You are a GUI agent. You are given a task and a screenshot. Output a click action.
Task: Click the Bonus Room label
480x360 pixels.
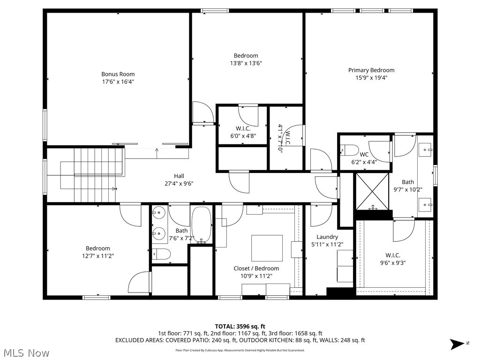point(118,74)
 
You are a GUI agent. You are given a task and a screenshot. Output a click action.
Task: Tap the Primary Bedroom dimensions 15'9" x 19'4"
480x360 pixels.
point(371,78)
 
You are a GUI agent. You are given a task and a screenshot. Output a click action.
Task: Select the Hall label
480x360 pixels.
point(179,176)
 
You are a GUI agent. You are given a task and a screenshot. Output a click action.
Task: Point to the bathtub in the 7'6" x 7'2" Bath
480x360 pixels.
point(202,225)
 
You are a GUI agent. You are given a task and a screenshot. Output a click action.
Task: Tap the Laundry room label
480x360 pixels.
point(327,237)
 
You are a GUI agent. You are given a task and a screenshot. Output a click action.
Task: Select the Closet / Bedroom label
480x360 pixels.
point(256,268)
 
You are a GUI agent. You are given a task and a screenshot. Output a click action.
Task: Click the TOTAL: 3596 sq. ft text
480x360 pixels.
point(240,326)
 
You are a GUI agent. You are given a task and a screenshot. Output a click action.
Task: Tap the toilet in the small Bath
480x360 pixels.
point(161,255)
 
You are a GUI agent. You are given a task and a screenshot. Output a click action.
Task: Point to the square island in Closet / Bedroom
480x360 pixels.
point(267,248)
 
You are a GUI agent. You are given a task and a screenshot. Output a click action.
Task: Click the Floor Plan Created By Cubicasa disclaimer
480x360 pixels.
point(240,350)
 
